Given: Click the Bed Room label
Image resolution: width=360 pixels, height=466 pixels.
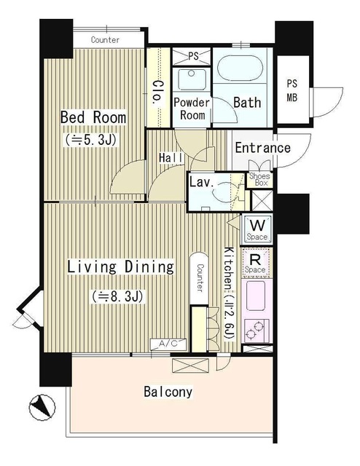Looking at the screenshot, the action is pos(93,117).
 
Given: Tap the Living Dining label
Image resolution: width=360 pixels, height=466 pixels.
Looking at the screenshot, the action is pos(120,266).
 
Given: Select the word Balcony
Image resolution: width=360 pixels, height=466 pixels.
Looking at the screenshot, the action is pos(168,392).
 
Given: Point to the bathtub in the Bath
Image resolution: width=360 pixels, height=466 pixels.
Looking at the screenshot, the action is pos(240,68).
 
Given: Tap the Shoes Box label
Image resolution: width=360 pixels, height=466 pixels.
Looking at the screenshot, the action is pos(259,180).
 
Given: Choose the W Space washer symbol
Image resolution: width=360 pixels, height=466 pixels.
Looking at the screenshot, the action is pos(257,228).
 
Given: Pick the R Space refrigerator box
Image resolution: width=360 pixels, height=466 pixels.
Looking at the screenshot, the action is pos(257,262).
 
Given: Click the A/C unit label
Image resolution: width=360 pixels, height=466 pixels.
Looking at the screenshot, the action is pos(168,344).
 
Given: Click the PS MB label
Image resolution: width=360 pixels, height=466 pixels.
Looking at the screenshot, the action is pos(292,90).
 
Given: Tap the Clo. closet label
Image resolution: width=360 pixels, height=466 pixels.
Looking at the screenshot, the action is pos(157,92).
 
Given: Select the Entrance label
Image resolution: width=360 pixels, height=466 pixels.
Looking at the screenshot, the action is pos(262,148).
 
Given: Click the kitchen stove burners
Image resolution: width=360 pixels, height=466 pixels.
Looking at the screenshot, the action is pos(257,330).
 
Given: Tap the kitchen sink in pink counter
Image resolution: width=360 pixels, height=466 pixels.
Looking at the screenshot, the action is pos(256,296).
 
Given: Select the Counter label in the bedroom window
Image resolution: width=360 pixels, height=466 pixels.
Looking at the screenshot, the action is pos(106,40).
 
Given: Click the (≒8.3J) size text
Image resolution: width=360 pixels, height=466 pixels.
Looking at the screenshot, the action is pos(118,296).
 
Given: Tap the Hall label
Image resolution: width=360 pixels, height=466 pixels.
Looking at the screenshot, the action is pos(171,158).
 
